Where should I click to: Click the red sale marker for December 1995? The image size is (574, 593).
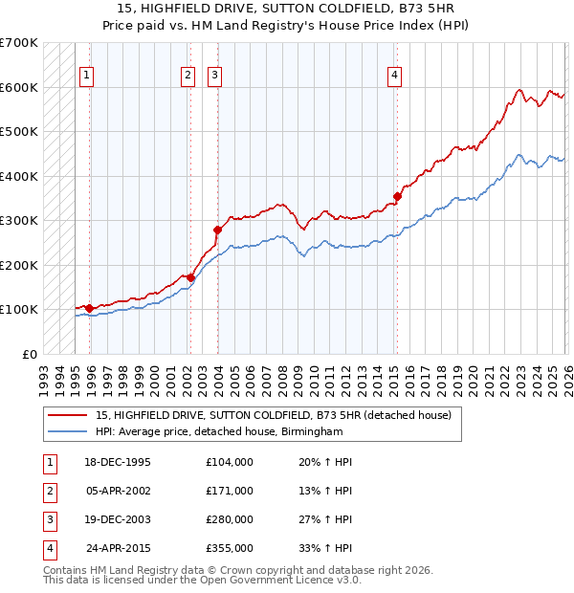tap(90, 308)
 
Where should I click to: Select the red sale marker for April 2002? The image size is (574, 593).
tap(190, 278)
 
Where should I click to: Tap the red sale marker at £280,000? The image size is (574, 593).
tap(217, 230)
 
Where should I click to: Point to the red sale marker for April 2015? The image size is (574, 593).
tap(397, 197)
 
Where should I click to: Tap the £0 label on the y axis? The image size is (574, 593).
tap(28, 354)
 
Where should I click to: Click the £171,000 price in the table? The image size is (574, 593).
tap(230, 491)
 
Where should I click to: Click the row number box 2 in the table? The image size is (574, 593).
tap(47, 491)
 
